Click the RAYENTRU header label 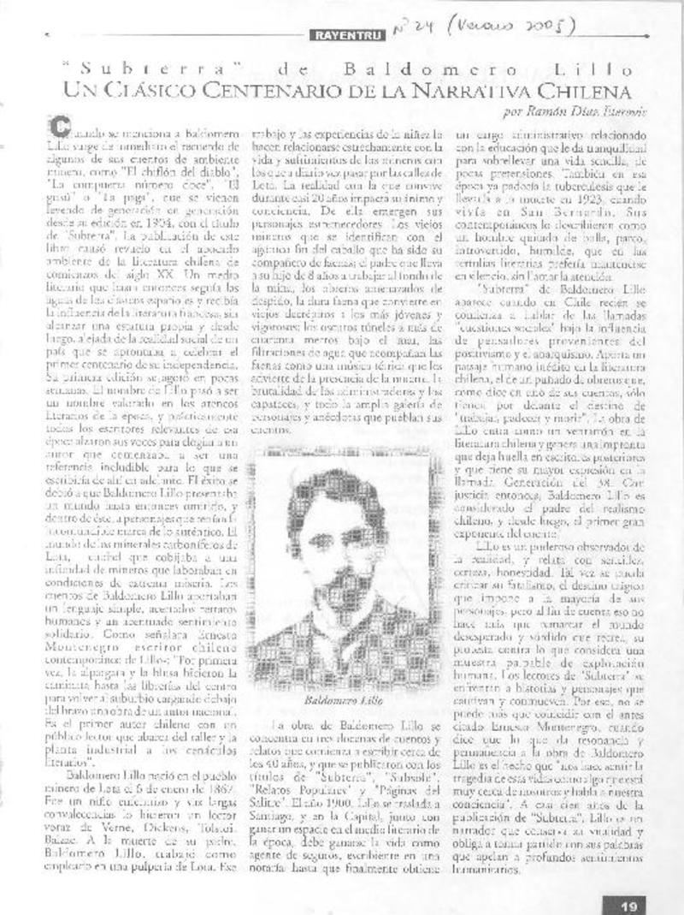pyautogui.click(x=339, y=35)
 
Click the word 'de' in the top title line pyautogui.click(x=282, y=68)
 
